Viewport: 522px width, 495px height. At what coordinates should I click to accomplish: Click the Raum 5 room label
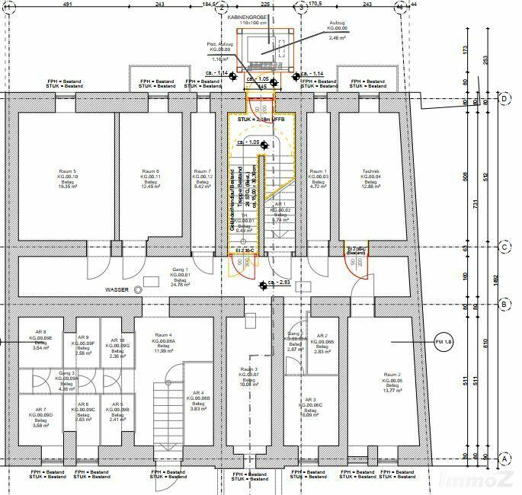pos(69,172)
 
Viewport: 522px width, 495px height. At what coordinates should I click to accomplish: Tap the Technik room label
pos(371,172)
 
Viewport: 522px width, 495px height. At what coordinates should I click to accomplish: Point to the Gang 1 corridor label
pos(181,270)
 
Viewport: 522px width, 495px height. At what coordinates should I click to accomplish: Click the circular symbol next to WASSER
pos(138,290)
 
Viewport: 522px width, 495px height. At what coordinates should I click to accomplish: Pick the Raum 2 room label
pos(392,375)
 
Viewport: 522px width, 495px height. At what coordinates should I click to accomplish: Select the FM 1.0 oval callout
pos(444,343)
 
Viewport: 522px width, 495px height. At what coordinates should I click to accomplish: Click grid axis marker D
pos(504,98)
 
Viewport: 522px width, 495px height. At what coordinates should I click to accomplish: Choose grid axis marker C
pos(504,247)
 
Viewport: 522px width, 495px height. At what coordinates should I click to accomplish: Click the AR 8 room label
pos(40,332)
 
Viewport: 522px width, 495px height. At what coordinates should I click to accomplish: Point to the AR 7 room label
pos(40,410)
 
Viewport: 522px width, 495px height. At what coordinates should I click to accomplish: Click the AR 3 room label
pos(309,400)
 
